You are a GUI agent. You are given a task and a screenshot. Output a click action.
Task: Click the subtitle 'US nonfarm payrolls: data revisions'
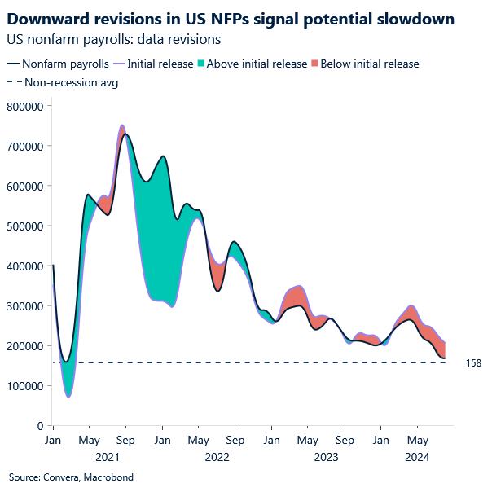click(115, 38)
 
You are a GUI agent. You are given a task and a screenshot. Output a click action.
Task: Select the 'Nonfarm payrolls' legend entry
click(67, 64)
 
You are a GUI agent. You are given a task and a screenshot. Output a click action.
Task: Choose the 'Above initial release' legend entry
click(257, 64)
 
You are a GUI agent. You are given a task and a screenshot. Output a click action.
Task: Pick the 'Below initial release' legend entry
click(369, 64)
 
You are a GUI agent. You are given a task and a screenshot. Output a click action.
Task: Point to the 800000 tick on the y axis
click(24, 106)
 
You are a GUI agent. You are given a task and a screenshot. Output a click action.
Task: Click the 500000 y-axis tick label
click(24, 226)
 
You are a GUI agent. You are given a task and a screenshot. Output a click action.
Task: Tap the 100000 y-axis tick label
click(24, 386)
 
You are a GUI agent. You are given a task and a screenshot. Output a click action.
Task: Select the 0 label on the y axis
click(39, 426)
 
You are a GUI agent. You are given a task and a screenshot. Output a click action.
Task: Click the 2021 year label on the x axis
click(108, 458)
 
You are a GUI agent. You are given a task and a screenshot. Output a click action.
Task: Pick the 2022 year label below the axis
click(217, 458)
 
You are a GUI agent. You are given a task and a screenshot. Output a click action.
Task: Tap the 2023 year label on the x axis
click(326, 458)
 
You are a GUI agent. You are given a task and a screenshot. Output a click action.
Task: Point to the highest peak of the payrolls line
click(124, 134)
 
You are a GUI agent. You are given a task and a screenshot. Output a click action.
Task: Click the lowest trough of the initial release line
click(68, 397)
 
